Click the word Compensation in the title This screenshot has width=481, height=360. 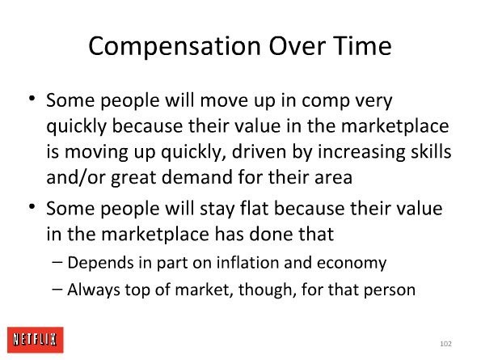(175, 47)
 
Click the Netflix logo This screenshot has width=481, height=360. (36, 340)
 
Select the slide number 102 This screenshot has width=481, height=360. (445, 344)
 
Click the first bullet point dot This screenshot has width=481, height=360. (32, 98)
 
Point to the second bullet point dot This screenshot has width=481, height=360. (32, 206)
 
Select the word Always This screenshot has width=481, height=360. (93, 290)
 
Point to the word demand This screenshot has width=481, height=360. (196, 177)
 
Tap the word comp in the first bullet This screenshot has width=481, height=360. (326, 101)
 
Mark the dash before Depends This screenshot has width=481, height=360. (57, 262)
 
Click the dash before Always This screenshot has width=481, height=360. (57, 289)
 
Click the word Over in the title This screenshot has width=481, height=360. (297, 46)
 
